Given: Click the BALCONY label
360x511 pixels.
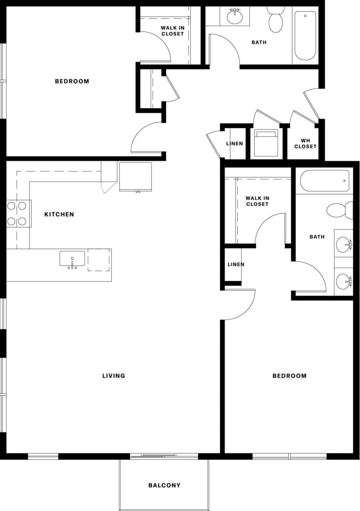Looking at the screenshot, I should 164,485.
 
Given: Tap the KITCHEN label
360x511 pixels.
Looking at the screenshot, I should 59,214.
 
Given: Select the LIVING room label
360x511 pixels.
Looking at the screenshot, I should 114,376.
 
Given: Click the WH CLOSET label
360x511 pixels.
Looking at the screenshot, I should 305,144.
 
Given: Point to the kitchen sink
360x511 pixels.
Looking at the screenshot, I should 72,259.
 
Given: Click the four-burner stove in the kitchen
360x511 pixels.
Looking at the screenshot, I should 17,214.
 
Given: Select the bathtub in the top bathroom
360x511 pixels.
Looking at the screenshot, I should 305,35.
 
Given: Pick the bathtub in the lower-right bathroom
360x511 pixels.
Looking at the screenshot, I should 324,181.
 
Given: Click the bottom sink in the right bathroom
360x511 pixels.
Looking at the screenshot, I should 344,281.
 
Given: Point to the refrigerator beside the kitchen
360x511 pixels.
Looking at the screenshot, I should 135,176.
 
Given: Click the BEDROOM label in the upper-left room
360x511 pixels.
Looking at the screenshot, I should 72,81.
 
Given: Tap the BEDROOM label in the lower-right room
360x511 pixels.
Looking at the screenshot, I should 290,376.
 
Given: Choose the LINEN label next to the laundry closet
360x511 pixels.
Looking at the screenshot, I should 235,144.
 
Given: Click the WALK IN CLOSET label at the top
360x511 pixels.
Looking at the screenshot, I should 173,31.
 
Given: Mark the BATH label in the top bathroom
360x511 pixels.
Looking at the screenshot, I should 259,42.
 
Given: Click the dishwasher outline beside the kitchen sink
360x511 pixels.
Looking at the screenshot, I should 99,260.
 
